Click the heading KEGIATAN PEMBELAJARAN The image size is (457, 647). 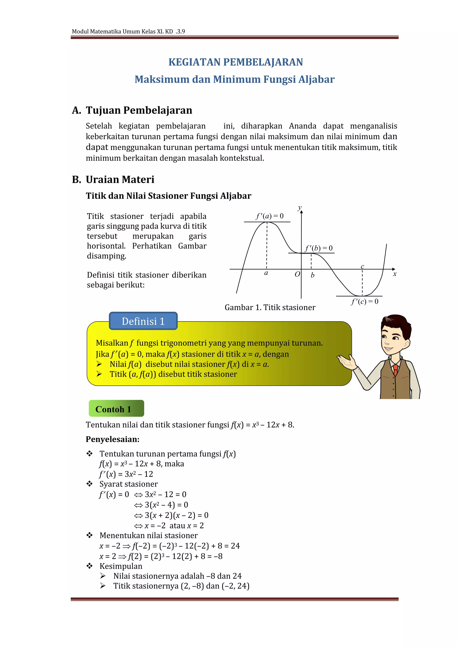point(236,62)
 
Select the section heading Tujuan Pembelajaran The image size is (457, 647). point(139,110)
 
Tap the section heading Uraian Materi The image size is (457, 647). point(120,179)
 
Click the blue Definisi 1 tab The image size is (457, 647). point(143,321)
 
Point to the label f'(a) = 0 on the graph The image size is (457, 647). point(269,216)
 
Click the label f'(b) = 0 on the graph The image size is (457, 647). point(319,248)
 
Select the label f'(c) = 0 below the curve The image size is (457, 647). point(364,302)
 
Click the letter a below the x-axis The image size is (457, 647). point(266,273)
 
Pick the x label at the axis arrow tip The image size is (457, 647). point(395,274)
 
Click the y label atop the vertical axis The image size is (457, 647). point(300,208)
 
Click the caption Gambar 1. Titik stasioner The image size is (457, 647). point(270,307)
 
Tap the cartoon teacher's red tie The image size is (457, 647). point(396,370)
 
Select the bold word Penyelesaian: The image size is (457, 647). point(112,439)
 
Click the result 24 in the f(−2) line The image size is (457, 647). point(235,546)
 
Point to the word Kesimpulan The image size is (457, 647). point(121,566)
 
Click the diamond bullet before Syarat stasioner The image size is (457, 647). point(89,484)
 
